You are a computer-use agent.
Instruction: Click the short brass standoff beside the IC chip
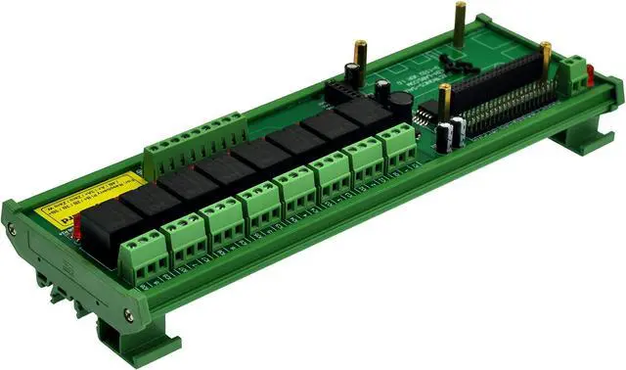click(x=445, y=108)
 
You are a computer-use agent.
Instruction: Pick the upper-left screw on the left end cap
click(x=12, y=230)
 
